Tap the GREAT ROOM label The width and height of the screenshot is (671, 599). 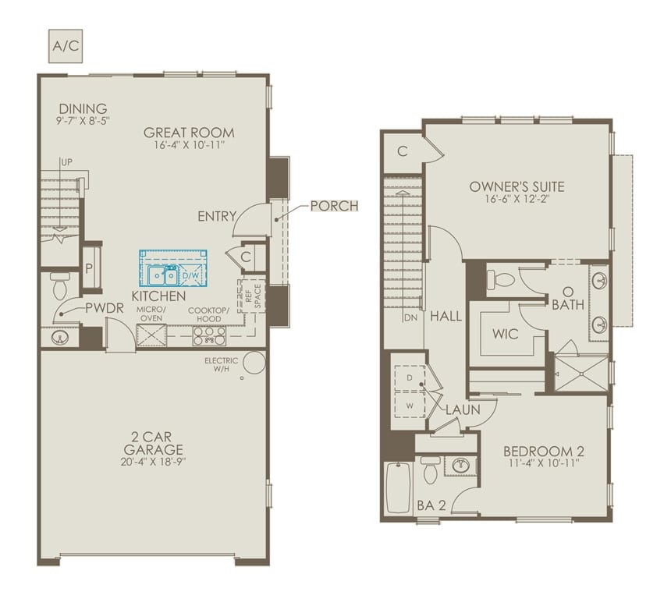pyautogui.click(x=189, y=133)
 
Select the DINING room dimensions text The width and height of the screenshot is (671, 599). pyautogui.click(x=83, y=122)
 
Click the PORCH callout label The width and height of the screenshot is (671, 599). pyautogui.click(x=334, y=206)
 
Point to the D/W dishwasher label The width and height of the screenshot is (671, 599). pyautogui.click(x=191, y=275)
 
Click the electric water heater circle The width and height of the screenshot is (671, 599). pyautogui.click(x=254, y=363)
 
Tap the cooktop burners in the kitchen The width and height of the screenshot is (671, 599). pyautogui.click(x=209, y=335)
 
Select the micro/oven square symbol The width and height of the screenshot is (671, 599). pyautogui.click(x=151, y=335)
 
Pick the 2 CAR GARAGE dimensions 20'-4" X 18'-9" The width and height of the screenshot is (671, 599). pyautogui.click(x=153, y=462)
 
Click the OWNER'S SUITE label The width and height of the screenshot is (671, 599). pyautogui.click(x=517, y=186)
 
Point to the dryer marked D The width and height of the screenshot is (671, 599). pyautogui.click(x=410, y=377)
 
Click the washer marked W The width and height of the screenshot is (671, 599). pyautogui.click(x=410, y=404)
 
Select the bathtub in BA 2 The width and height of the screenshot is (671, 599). pyautogui.click(x=398, y=488)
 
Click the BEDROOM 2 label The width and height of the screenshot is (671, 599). pyautogui.click(x=544, y=452)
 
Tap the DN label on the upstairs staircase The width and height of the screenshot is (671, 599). pyautogui.click(x=411, y=317)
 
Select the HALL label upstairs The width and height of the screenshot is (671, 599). pyautogui.click(x=446, y=317)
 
